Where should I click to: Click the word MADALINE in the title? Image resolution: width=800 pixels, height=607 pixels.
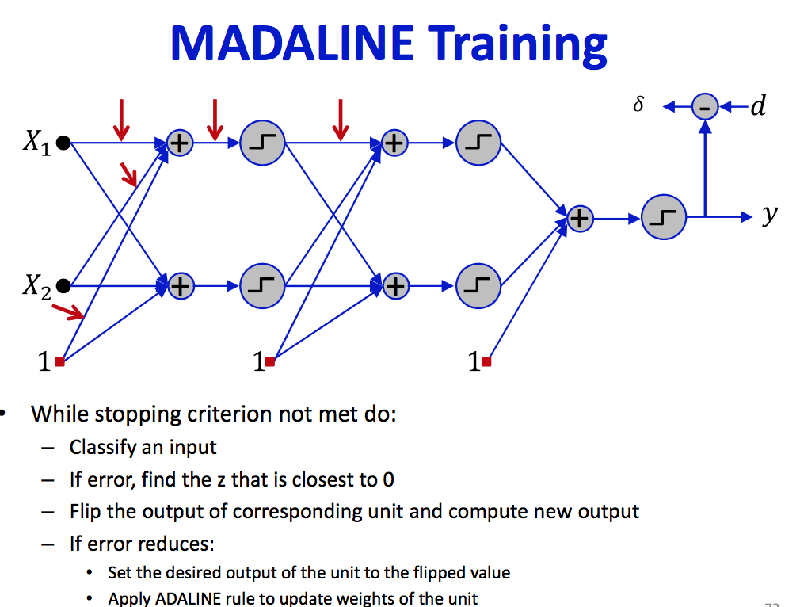point(291,44)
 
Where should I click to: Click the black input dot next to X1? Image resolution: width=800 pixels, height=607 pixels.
point(64,143)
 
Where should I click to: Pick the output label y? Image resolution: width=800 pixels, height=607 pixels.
point(769,214)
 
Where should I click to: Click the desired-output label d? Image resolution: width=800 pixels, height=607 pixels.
point(758,105)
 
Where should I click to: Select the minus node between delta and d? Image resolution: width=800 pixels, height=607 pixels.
point(704,105)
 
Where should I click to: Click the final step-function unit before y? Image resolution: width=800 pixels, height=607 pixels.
point(664,216)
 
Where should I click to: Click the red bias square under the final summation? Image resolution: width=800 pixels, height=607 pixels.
point(486,361)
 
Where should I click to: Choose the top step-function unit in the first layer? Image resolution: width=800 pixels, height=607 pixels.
point(261,143)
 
